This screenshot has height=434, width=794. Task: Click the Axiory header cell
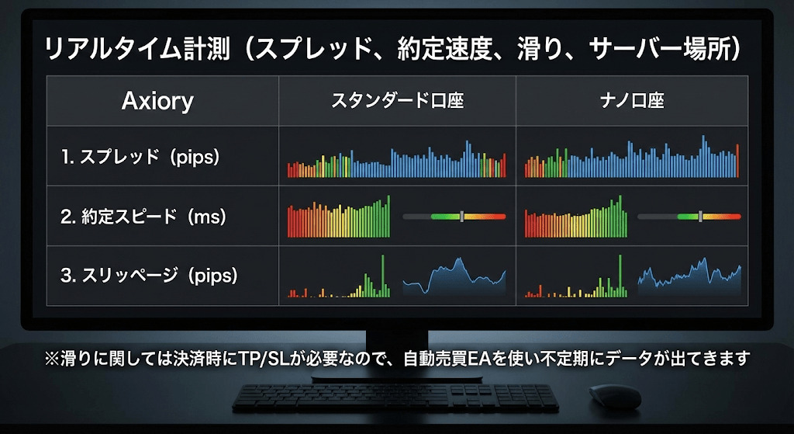pos(157,101)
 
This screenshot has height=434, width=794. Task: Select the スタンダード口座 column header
pos(398,100)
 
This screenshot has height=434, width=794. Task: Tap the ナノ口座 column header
pos(632,100)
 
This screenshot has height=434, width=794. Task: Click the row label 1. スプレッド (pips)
pos(140,157)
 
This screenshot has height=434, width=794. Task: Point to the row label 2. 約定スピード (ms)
pos(143,217)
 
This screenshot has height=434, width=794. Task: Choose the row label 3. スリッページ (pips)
pos(149,276)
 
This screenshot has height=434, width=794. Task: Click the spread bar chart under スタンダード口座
pos(396,158)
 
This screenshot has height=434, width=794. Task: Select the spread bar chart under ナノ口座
pos(631,156)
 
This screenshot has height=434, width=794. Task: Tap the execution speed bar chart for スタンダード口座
pos(339,217)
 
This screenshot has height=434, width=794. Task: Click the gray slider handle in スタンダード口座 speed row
pos(462,217)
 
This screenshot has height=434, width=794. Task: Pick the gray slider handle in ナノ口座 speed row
pos(700,217)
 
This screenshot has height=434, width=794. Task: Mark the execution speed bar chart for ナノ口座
pos(576,217)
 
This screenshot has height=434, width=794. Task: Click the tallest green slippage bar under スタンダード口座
pos(383,276)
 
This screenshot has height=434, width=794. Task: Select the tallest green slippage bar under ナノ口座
pos(620,276)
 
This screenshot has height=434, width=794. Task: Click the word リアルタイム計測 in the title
pos(138,50)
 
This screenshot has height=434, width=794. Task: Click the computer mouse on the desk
pos(615,396)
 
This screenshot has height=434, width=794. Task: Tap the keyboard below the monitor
pos(395,398)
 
